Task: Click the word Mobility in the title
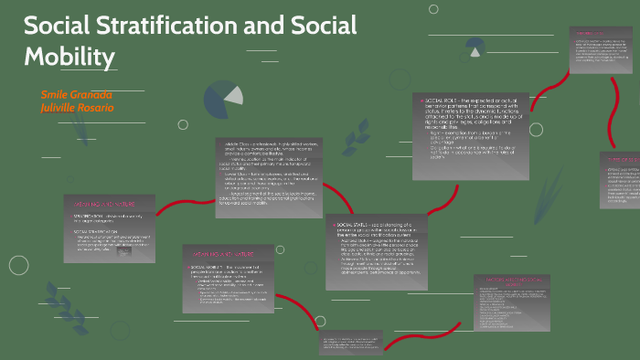69,57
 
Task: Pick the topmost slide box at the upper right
601,56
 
